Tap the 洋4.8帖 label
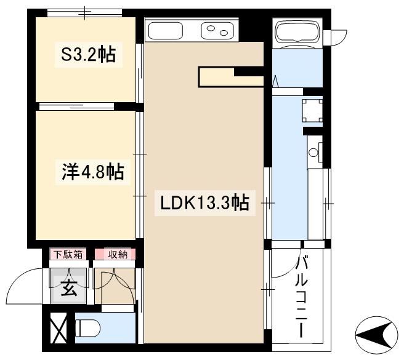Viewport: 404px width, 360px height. click(93, 171)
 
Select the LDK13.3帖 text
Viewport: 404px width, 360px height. click(204, 202)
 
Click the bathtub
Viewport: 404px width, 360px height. click(298, 32)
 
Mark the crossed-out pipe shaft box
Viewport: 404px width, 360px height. click(60, 329)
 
